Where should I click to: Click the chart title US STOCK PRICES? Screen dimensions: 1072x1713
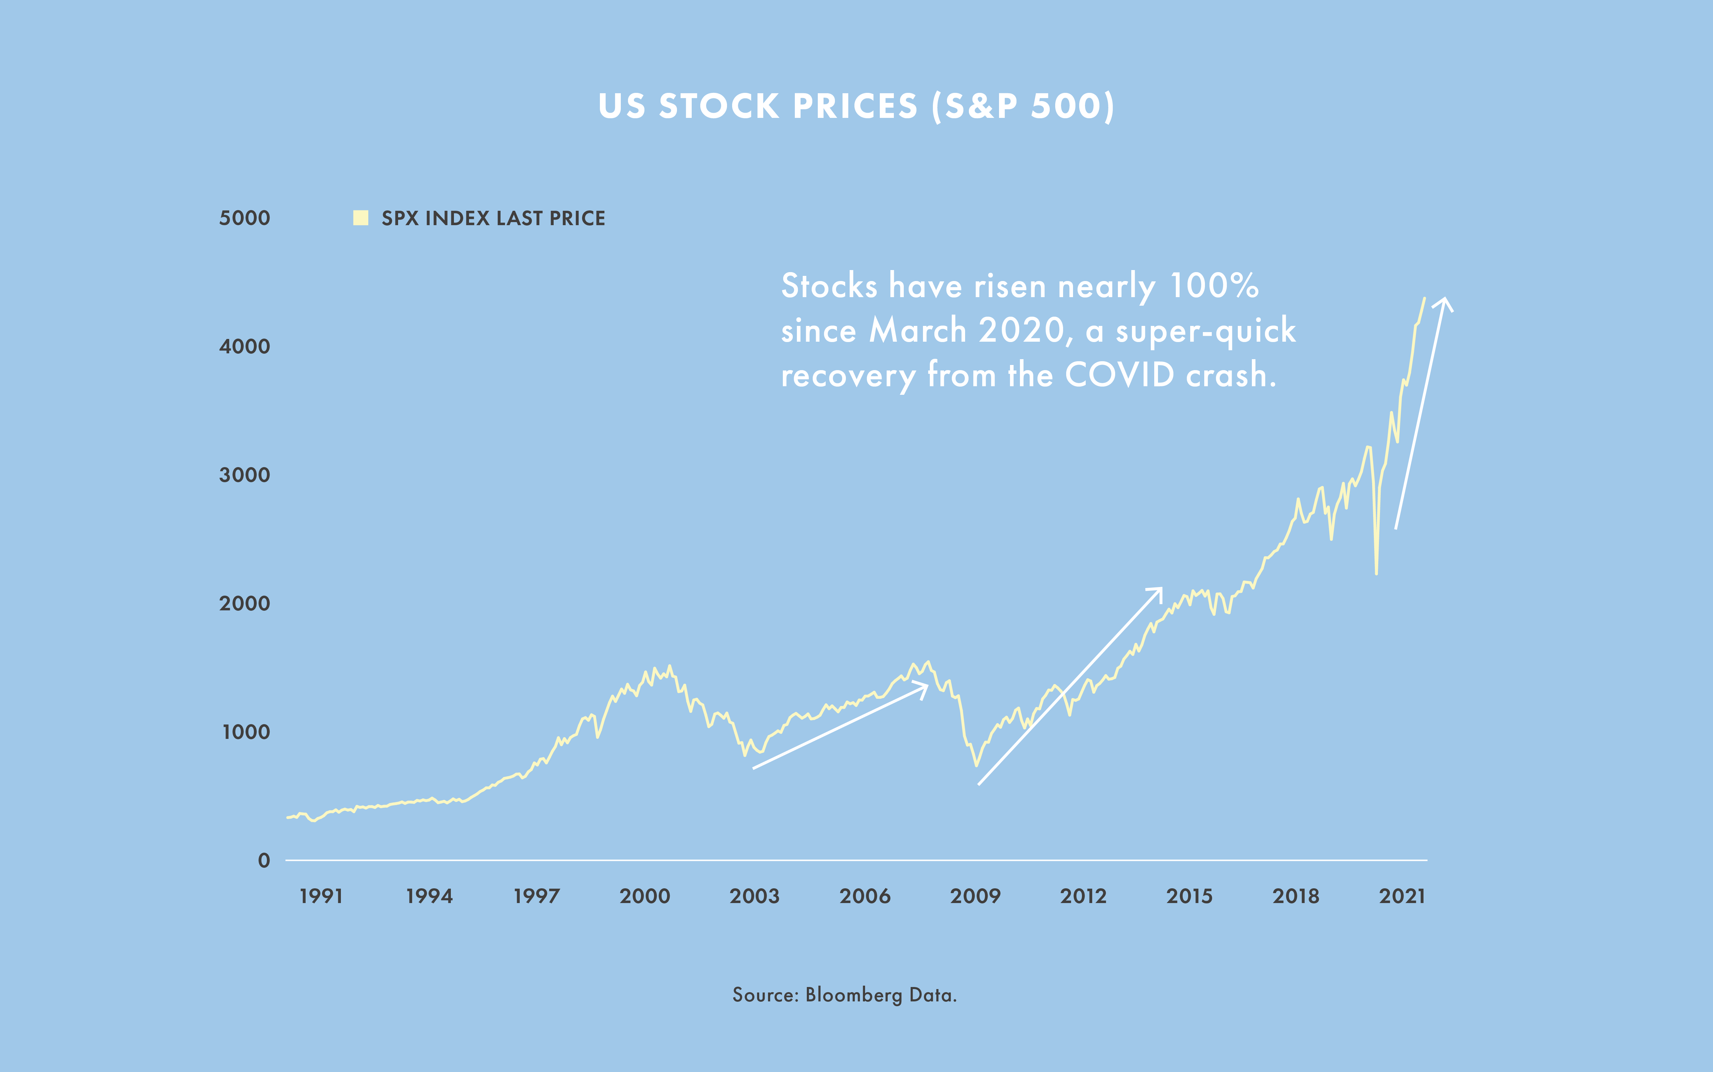click(x=856, y=106)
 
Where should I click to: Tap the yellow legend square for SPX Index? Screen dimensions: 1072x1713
click(x=361, y=218)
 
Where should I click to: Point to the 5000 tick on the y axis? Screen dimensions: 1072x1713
click(x=245, y=218)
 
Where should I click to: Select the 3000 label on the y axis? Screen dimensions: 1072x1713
click(x=245, y=475)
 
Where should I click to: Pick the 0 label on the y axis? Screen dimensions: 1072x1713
click(x=264, y=861)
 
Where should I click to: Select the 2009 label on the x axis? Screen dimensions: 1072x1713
click(x=975, y=896)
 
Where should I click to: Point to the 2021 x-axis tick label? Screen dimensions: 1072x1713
click(x=1402, y=896)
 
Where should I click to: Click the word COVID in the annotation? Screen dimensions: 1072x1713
click(x=1120, y=375)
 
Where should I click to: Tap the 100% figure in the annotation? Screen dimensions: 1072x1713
click(x=1213, y=286)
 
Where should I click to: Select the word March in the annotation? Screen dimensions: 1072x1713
click(x=918, y=330)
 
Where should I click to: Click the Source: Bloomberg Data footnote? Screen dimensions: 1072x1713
click(x=844, y=995)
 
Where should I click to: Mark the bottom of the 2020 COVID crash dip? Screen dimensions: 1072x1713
click(x=1376, y=573)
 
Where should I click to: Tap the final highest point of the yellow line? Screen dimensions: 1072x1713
click(x=1424, y=299)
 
